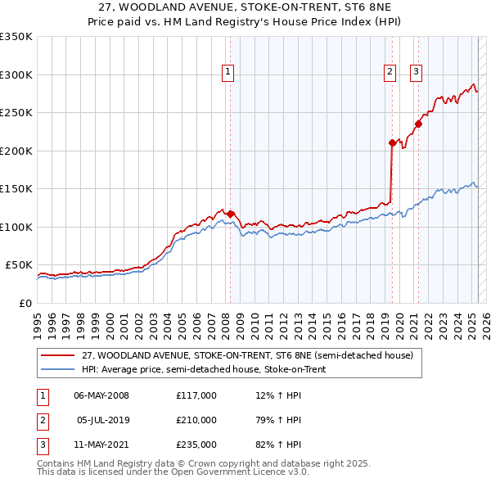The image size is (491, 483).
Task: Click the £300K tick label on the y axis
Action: (16, 74)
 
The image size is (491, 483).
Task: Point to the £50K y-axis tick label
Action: (19, 265)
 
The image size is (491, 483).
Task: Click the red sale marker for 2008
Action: (230, 214)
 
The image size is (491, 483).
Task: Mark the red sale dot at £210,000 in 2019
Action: (392, 143)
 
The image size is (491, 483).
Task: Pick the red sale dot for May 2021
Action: (418, 124)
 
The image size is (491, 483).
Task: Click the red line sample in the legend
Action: (58, 356)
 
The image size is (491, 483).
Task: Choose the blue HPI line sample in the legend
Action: (58, 369)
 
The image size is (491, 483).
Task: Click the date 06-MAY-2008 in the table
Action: (101, 395)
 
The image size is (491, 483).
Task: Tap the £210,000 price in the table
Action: (196, 420)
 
